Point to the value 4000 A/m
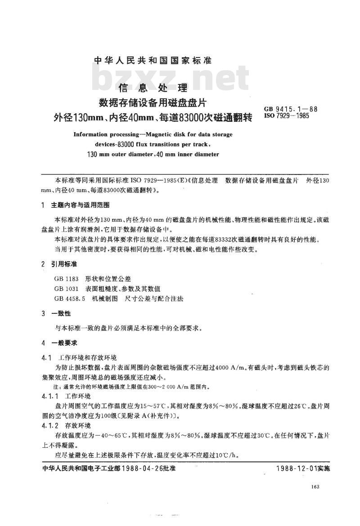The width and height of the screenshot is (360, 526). [230, 367]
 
